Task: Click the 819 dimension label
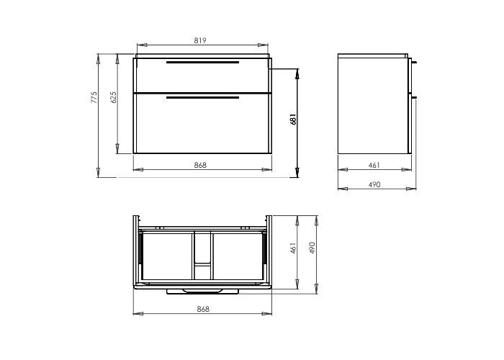[x=200, y=40]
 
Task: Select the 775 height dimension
[x=94, y=97]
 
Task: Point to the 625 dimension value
[x=113, y=97]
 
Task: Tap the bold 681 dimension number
[x=293, y=119]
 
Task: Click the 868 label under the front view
[x=200, y=165]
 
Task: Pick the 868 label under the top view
[x=203, y=309]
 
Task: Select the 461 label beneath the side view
[x=374, y=165]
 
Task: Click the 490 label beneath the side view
[x=374, y=184]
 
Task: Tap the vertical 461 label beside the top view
[x=293, y=248]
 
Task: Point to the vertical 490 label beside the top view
[x=312, y=248]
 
